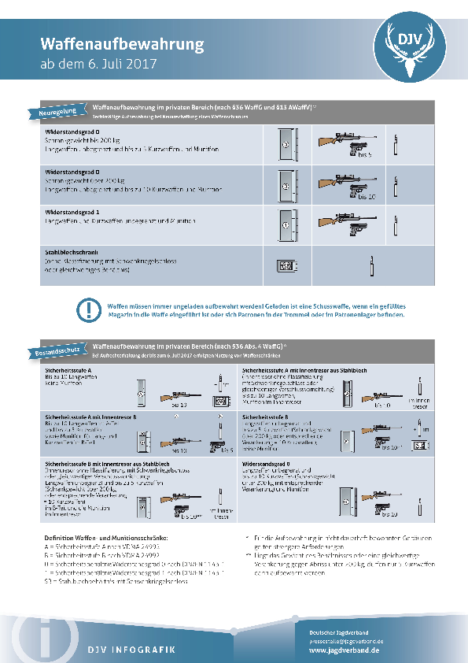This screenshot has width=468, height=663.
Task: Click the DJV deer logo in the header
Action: pos(412,48)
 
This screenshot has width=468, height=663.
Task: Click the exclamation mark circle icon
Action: pos(92,309)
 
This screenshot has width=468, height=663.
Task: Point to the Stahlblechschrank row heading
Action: pos(75,251)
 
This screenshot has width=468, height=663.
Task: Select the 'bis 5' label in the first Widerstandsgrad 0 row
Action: pos(363,155)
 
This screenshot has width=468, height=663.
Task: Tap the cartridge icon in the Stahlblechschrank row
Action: pos(370,264)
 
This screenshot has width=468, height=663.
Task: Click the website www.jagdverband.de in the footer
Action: pos(345,650)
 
